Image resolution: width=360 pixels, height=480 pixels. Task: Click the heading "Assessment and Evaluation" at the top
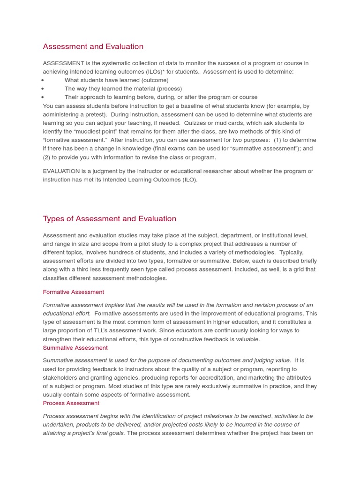coord(93,46)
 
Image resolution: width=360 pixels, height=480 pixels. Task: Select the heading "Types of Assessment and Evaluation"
coord(109,218)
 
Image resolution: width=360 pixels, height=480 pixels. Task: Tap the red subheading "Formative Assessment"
coord(73,292)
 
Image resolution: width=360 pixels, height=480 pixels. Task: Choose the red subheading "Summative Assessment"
coord(75,348)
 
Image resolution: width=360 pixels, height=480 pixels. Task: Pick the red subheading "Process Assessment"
coord(71,403)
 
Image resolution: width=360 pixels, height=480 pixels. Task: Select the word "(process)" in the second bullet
coord(169,89)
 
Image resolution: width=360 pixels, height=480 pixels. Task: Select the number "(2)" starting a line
coord(47,157)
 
